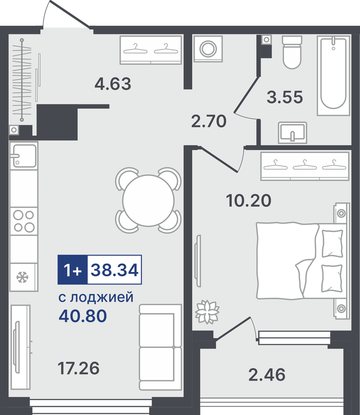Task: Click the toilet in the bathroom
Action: [292, 52]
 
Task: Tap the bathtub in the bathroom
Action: [333, 75]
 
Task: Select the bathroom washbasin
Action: [292, 133]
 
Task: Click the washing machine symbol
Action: [208, 49]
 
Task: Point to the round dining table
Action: [148, 200]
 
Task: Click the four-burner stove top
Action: [24, 221]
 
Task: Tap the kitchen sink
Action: [24, 155]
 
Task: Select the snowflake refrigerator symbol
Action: [22, 277]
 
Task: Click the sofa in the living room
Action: [161, 347]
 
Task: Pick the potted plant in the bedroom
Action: [207, 312]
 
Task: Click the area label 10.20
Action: [249, 200]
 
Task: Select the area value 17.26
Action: [78, 368]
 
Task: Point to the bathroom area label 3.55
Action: [285, 97]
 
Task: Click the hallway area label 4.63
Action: [113, 83]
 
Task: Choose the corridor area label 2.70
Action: [209, 121]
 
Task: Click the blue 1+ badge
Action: [73, 270]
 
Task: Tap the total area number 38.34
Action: [114, 270]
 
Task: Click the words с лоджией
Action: [96, 297]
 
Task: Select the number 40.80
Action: [83, 316]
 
